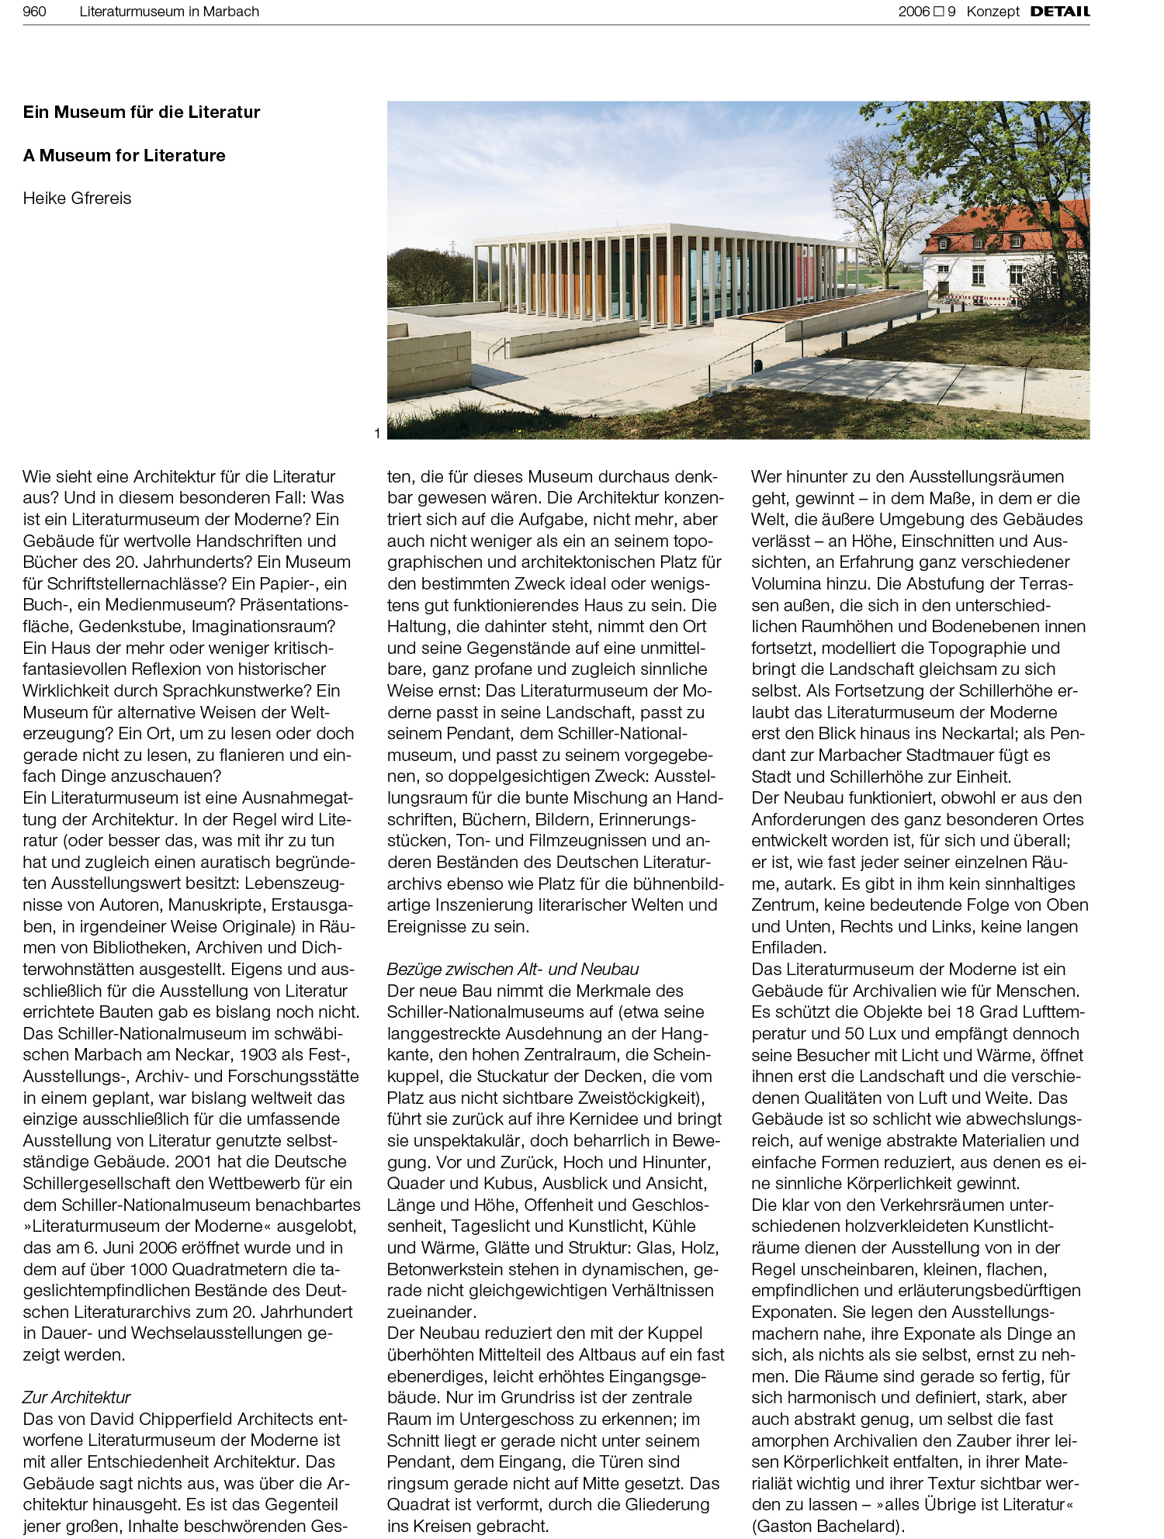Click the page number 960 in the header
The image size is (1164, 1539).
34,11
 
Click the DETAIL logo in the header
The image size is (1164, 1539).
1059,11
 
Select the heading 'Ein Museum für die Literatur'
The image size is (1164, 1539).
141,112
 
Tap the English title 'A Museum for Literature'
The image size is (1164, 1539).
124,155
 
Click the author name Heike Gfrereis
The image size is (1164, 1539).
77,198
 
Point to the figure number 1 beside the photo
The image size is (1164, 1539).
377,434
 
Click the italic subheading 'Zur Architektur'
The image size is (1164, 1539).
76,1397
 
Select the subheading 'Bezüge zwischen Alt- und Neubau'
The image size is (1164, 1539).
512,969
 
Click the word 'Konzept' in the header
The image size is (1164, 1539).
993,11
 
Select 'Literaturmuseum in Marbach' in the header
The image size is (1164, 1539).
169,11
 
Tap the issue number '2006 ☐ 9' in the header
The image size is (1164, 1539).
927,11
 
